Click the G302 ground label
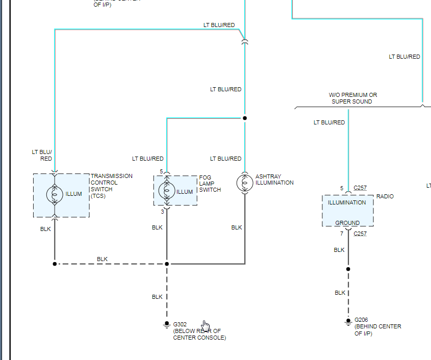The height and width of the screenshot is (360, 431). pyautogui.click(x=180, y=324)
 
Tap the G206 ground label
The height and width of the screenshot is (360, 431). pyautogui.click(x=361, y=320)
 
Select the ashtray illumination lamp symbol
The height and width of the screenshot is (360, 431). pyautogui.click(x=244, y=183)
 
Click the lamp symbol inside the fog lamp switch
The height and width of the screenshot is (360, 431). pyautogui.click(x=166, y=191)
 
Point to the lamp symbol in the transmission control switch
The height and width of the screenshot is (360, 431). pyautogui.click(x=55, y=194)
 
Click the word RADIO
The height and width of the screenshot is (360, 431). pyautogui.click(x=385, y=196)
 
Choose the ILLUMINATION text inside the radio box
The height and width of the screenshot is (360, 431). pyautogui.click(x=347, y=202)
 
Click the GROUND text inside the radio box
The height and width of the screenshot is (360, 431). pyautogui.click(x=347, y=223)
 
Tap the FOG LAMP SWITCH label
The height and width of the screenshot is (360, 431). pyautogui.click(x=210, y=184)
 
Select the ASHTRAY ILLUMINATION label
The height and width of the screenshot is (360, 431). pyautogui.click(x=274, y=179)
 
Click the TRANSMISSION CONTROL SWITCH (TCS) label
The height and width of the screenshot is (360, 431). pyautogui.click(x=111, y=186)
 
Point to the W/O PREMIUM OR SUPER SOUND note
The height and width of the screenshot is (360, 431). pyautogui.click(x=352, y=98)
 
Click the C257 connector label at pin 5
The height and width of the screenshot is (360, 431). pyautogui.click(x=360, y=188)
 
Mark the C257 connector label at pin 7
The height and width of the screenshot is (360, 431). pyautogui.click(x=360, y=234)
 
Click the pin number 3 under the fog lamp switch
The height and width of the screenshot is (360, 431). pyautogui.click(x=163, y=211)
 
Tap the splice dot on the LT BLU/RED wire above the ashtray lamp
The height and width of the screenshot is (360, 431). pyautogui.click(x=244, y=118)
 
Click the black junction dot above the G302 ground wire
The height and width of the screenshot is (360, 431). pyautogui.click(x=166, y=264)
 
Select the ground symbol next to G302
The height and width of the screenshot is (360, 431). pyautogui.click(x=166, y=325)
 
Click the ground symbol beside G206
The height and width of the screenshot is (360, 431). pyautogui.click(x=348, y=321)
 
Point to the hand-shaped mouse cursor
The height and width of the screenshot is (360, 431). pyautogui.click(x=205, y=325)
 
